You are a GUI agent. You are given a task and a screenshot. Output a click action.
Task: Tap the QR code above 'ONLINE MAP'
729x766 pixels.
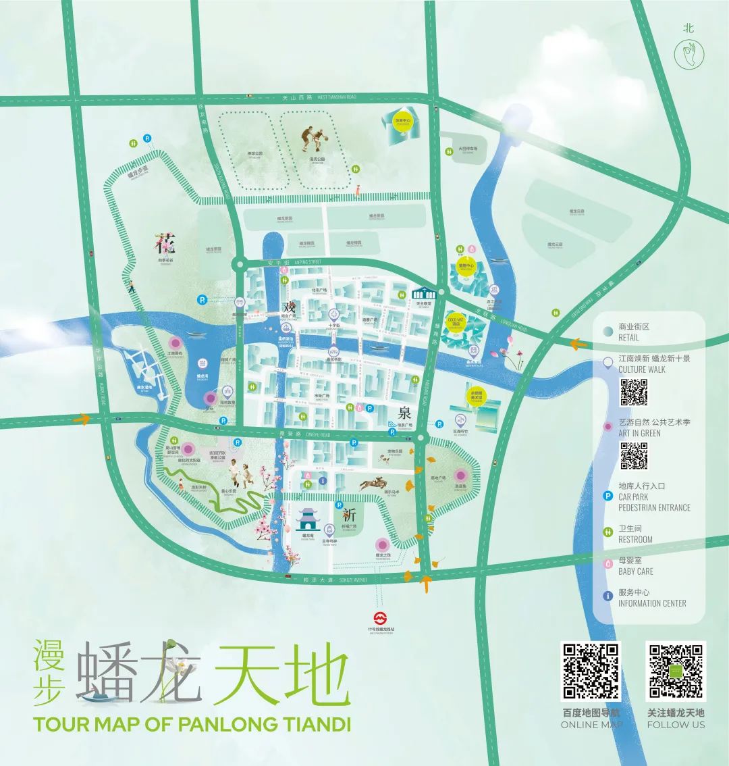(591, 671)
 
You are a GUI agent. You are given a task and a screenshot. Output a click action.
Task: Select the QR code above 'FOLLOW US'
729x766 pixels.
(676, 671)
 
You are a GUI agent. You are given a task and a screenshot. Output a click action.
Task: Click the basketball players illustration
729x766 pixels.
(311, 140)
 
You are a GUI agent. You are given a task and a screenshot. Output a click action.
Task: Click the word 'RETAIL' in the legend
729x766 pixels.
(628, 337)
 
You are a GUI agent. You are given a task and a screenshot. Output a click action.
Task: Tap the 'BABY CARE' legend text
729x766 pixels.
(636, 571)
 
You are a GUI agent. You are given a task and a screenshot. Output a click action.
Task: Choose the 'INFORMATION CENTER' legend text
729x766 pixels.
(652, 603)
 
